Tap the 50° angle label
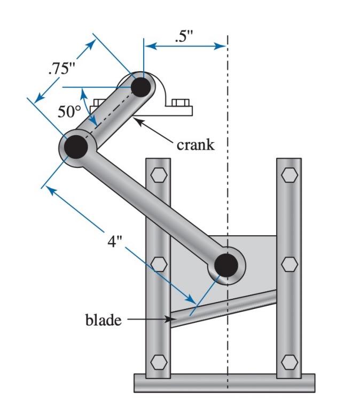[x=69, y=112]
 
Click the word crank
[x=195, y=144]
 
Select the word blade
[x=103, y=320]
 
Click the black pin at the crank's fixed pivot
[x=141, y=87]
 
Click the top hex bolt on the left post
[x=159, y=175]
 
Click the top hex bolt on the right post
[x=289, y=175]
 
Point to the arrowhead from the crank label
[x=136, y=121]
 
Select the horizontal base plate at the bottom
[x=224, y=383]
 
